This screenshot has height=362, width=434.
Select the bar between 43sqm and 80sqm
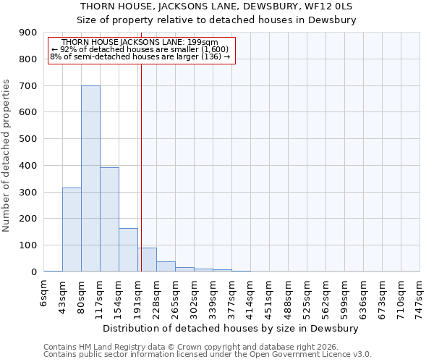pos(72,230)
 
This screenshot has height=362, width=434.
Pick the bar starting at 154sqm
pos(128,250)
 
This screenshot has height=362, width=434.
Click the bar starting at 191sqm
pos(147,259)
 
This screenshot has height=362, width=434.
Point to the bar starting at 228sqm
pos(166,266)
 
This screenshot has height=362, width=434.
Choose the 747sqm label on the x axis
pos(420,296)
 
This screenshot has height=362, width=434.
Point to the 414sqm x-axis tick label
pos(250,296)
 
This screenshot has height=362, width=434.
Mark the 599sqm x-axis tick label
pos(344,296)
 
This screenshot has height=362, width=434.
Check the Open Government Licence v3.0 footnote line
pos(208,355)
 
